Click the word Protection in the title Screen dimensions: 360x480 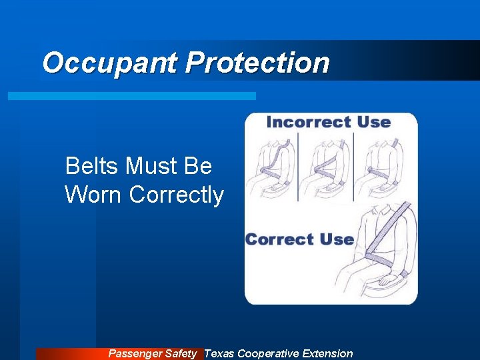point(257,63)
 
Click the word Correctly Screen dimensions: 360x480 point(177,195)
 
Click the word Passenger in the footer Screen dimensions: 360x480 point(135,353)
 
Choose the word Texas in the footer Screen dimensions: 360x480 point(219,353)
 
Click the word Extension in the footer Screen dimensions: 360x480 point(327,353)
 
